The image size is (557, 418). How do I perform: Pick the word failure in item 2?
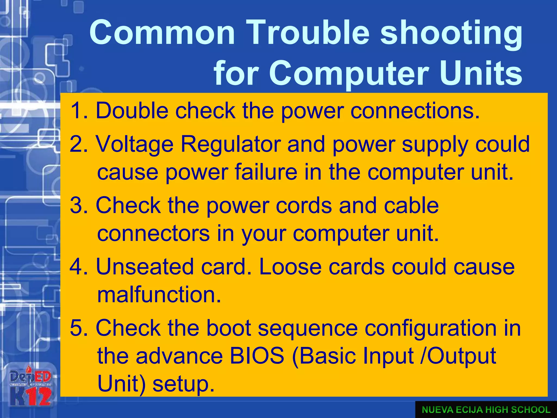[266, 172]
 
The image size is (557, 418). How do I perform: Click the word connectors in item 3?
[153, 233]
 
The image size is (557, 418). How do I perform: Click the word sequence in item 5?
[307, 329]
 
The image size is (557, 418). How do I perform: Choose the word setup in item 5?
[183, 384]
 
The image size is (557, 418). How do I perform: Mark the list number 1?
[77, 111]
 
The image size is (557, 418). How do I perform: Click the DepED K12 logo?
[30, 388]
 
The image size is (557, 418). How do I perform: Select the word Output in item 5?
[461, 356]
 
